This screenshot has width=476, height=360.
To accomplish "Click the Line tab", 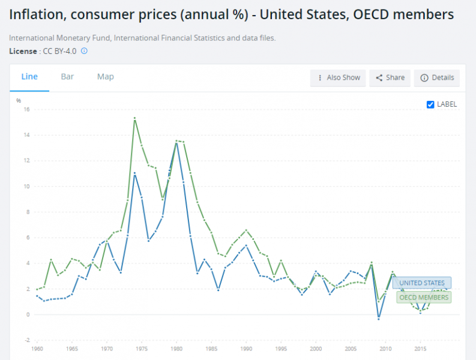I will click(x=29, y=77).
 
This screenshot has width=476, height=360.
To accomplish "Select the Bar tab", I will click(x=67, y=77).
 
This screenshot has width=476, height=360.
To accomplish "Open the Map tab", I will click(x=106, y=77).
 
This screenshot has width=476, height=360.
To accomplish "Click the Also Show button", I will click(x=338, y=78).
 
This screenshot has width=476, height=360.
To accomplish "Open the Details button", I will click(x=437, y=78).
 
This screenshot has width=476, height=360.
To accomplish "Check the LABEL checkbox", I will click(x=430, y=104).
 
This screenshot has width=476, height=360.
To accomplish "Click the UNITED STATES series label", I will click(x=422, y=283).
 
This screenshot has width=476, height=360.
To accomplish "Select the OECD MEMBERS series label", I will click(x=424, y=297).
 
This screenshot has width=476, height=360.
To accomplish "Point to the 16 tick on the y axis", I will click(x=26, y=110).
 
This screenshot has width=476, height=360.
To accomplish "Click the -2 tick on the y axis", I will click(x=26, y=340).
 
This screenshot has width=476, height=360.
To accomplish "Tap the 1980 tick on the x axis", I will click(x=176, y=348).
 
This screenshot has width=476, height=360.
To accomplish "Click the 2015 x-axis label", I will click(x=420, y=348).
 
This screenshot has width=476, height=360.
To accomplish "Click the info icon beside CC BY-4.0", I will click(x=84, y=51).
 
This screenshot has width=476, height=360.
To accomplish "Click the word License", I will click(x=23, y=51).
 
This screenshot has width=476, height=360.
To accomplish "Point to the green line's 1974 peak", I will click(x=134, y=118).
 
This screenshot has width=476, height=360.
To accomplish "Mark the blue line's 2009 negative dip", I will click(x=379, y=319).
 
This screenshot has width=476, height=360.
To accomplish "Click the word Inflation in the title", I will click(x=37, y=14).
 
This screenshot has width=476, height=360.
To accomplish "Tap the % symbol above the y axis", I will click(x=19, y=100).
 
